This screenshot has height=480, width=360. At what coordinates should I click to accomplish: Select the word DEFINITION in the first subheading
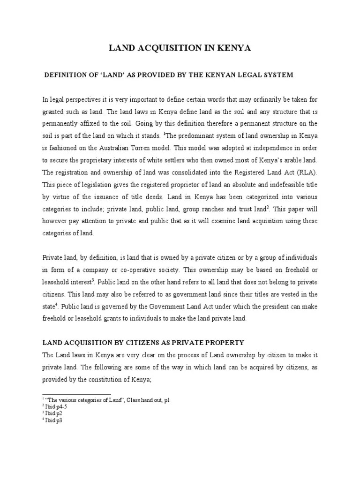[x=65, y=75]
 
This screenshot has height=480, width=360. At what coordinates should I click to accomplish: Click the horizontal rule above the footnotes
[x=77, y=394]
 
